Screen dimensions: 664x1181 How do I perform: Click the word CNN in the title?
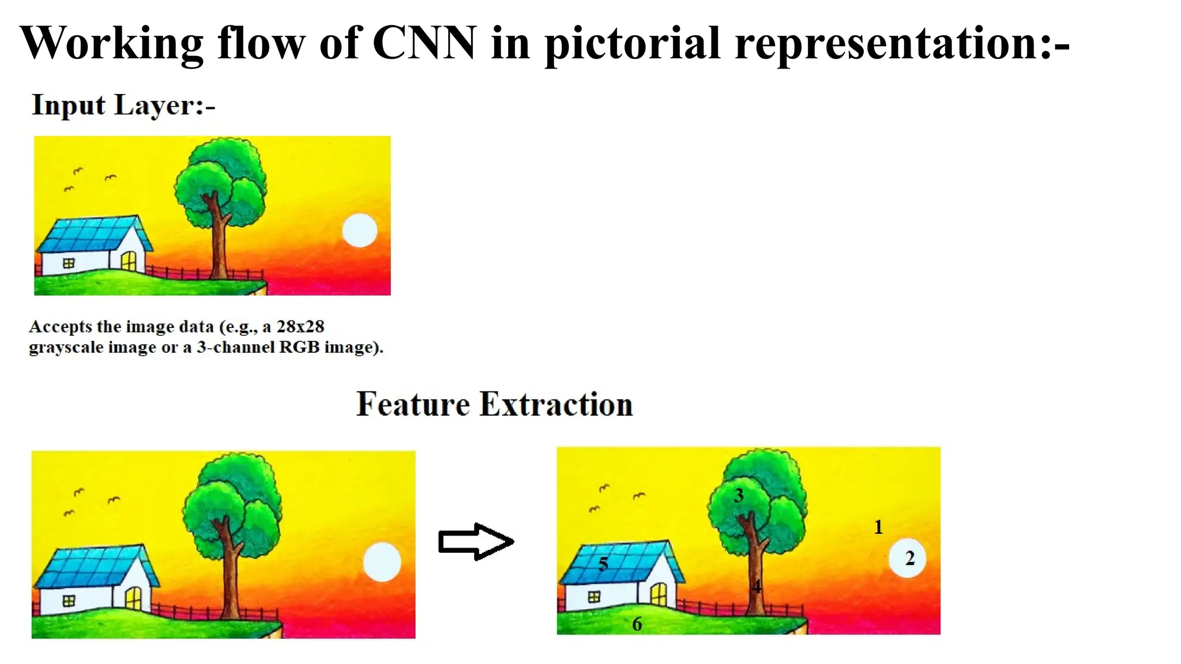click(x=424, y=43)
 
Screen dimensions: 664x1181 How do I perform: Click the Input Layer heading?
click(x=123, y=105)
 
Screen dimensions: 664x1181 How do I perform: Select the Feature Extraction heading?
click(x=494, y=404)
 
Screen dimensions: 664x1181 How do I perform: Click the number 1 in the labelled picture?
click(x=878, y=527)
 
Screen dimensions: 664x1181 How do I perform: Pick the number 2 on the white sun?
click(x=910, y=558)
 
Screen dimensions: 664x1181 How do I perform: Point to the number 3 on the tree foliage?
click(x=739, y=496)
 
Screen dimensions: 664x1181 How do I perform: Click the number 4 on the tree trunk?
click(x=757, y=587)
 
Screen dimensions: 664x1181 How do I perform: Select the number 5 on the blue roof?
click(x=603, y=564)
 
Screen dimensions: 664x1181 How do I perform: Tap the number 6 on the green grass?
click(x=637, y=624)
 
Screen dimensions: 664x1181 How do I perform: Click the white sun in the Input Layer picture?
click(x=360, y=231)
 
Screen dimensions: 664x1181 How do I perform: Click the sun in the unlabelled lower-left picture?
click(x=382, y=561)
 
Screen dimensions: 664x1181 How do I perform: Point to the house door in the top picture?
click(x=129, y=261)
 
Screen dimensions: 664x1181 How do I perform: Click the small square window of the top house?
click(x=69, y=263)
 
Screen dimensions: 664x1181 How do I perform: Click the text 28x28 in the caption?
click(x=300, y=327)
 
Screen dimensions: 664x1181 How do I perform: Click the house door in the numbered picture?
click(x=659, y=594)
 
